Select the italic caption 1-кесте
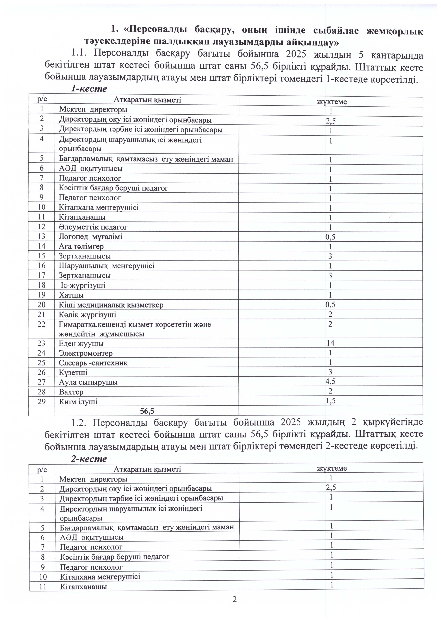click(89, 89)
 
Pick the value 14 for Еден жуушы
click(330, 343)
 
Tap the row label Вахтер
click(71, 392)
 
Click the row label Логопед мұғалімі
click(90, 237)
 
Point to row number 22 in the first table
click(42, 324)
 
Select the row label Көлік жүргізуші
click(87, 315)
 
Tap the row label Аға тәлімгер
click(81, 246)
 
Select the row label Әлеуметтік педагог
click(93, 227)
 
